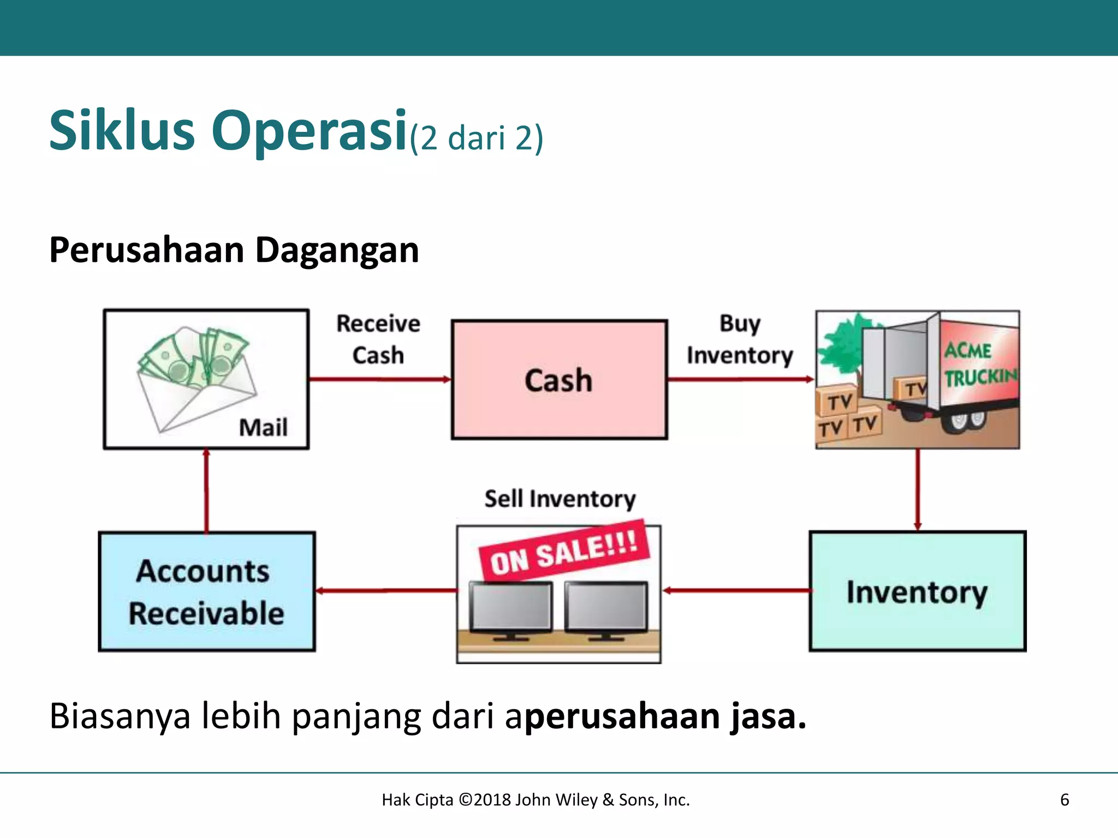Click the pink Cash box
(x=559, y=380)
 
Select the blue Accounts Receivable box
(x=207, y=591)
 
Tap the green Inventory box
(x=917, y=591)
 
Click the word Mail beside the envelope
(x=263, y=427)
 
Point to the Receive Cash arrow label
(x=378, y=339)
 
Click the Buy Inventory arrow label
(x=740, y=339)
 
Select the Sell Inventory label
(x=560, y=499)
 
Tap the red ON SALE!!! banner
(x=564, y=551)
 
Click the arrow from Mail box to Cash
(x=380, y=379)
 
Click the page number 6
(x=1065, y=800)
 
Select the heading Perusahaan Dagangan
(x=234, y=250)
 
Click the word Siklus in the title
(x=122, y=131)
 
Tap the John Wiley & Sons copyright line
(x=536, y=800)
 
